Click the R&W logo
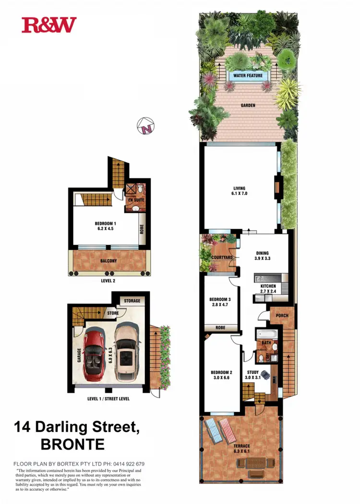(x=49, y=25)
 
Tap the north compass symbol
(x=146, y=127)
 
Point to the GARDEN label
(x=248, y=105)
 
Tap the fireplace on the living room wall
(x=277, y=187)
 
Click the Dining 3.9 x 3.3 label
(x=262, y=256)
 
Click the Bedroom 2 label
(x=222, y=375)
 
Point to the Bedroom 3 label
(x=220, y=302)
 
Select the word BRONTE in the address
(x=72, y=445)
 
